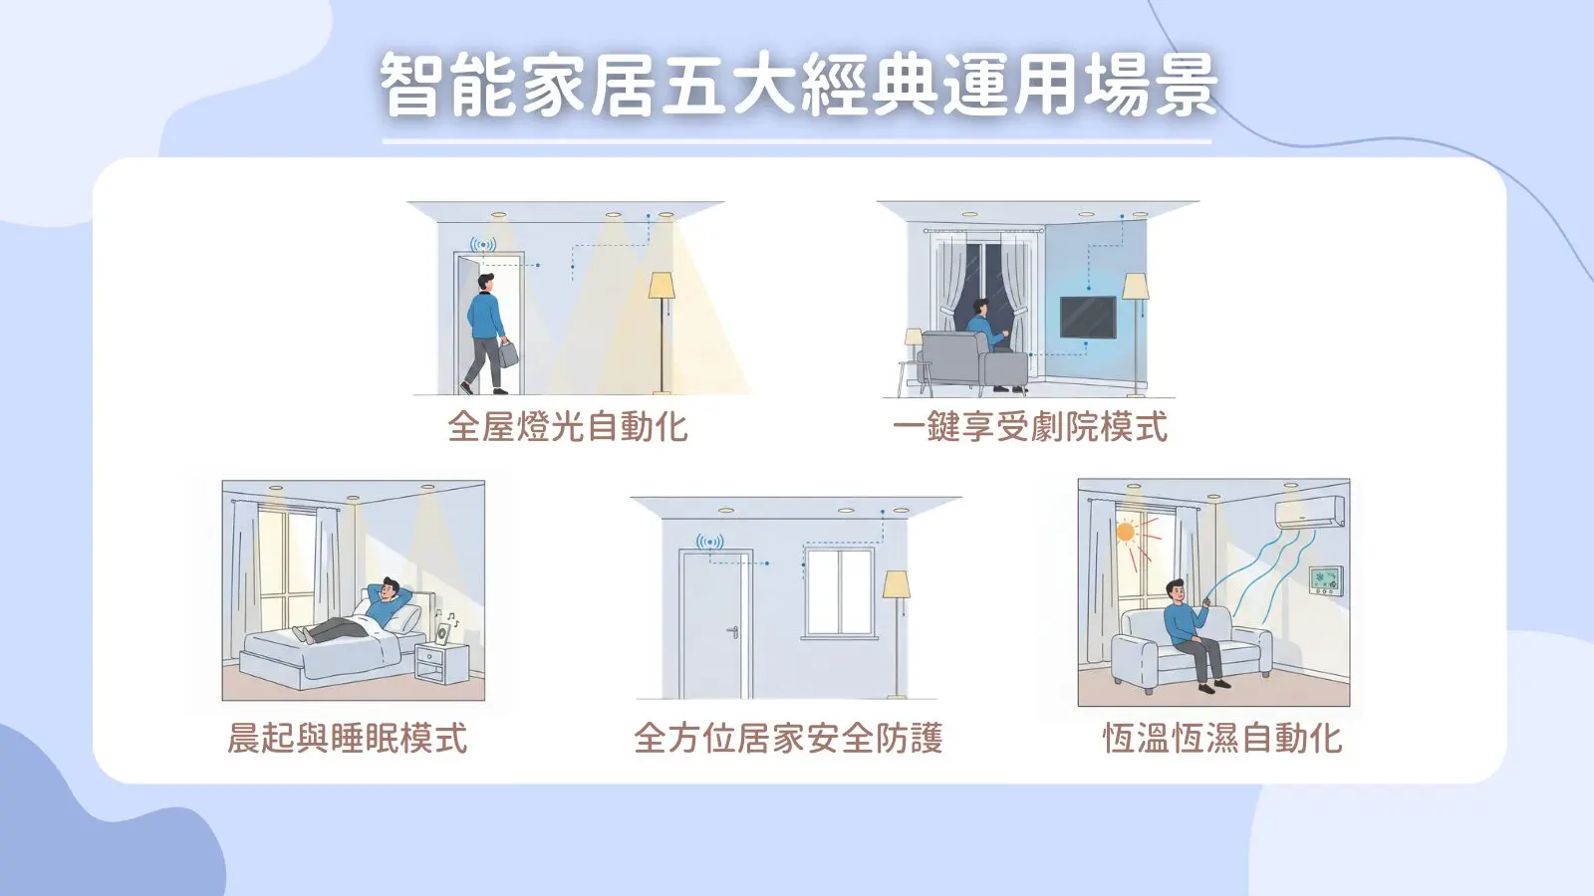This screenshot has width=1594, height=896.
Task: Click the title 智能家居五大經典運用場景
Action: [x=798, y=85]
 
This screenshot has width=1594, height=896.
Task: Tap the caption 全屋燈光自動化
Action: [x=568, y=427]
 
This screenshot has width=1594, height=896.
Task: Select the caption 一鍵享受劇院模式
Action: [x=1030, y=427]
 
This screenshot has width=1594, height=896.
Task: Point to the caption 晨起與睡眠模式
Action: [x=348, y=738]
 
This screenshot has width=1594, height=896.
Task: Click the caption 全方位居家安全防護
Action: [x=788, y=738]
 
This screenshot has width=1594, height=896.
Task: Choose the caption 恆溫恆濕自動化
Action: [x=1222, y=738]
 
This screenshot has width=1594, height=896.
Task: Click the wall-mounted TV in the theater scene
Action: [x=1087, y=318]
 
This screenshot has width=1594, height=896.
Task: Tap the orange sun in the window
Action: [x=1125, y=532]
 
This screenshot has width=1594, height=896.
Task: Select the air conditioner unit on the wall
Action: [x=1310, y=513]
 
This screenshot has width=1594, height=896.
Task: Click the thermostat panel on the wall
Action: [x=1326, y=580]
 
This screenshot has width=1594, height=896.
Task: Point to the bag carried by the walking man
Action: [x=508, y=353]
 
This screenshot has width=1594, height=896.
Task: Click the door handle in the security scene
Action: [x=733, y=631]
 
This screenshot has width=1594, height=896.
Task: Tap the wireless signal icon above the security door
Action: [x=709, y=543]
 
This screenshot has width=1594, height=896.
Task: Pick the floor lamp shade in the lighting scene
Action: [x=662, y=286]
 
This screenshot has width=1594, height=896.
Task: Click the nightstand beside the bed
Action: [x=442, y=663]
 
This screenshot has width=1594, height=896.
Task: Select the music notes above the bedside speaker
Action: [x=447, y=617]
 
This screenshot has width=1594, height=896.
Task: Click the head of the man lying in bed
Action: [x=387, y=588]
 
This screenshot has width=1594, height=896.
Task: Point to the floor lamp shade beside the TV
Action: [x=1135, y=287]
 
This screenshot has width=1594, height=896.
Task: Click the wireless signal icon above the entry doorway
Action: [x=482, y=245]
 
